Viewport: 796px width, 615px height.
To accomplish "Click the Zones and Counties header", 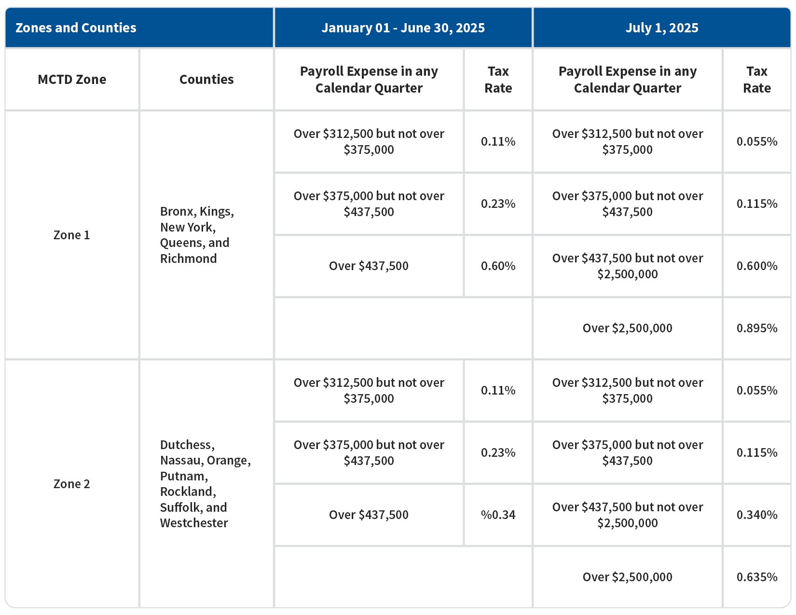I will pyautogui.click(x=76, y=28).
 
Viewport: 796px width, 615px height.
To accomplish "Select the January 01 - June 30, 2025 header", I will pyautogui.click(x=403, y=28).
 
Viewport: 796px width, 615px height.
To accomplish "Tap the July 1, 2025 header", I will pyautogui.click(x=661, y=28).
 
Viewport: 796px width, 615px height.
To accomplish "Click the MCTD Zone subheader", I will pyautogui.click(x=72, y=80).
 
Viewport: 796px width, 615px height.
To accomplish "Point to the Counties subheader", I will pyautogui.click(x=206, y=80).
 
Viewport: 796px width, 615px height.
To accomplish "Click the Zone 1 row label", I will pyautogui.click(x=71, y=235).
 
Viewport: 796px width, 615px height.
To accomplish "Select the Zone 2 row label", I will pyautogui.click(x=71, y=484).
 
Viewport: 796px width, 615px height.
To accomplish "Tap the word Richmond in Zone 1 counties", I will pyautogui.click(x=188, y=259).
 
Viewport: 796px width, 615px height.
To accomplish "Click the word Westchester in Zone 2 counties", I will pyautogui.click(x=194, y=523).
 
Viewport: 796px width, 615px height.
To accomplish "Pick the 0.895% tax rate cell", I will pyautogui.click(x=756, y=328).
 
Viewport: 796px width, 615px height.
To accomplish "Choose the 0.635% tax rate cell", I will pyautogui.click(x=756, y=577).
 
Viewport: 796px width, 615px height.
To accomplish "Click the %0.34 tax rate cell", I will pyautogui.click(x=498, y=515).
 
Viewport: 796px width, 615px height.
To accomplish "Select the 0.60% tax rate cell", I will pyautogui.click(x=498, y=266).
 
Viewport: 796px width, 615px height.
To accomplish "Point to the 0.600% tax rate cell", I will pyautogui.click(x=756, y=266).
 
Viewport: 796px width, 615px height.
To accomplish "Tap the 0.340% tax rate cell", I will pyautogui.click(x=756, y=515).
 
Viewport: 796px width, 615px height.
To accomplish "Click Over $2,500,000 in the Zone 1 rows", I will pyautogui.click(x=627, y=328).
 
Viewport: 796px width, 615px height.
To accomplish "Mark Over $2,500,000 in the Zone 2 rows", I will pyautogui.click(x=627, y=577).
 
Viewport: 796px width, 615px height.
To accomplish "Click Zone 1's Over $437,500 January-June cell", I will pyautogui.click(x=369, y=266).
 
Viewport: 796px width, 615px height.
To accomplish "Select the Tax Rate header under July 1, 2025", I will pyautogui.click(x=756, y=80).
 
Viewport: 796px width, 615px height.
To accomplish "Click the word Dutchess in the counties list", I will pyautogui.click(x=187, y=445).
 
